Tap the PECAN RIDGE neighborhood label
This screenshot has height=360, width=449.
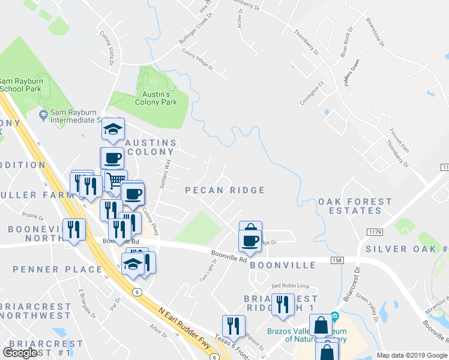pyautogui.click(x=224, y=190)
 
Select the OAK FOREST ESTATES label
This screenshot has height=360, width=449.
pyautogui.click(x=351, y=206)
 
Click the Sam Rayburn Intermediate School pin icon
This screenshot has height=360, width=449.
pyautogui.click(x=43, y=114)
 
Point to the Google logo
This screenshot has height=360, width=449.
pyautogui.click(x=20, y=353)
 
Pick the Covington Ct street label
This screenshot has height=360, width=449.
pyautogui.click(x=312, y=93)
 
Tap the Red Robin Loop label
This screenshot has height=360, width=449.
pyautogui.click(x=290, y=286)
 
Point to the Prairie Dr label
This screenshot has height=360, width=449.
pyautogui.click(x=33, y=215)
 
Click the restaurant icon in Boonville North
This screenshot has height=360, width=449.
pyautogui.click(x=74, y=229)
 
